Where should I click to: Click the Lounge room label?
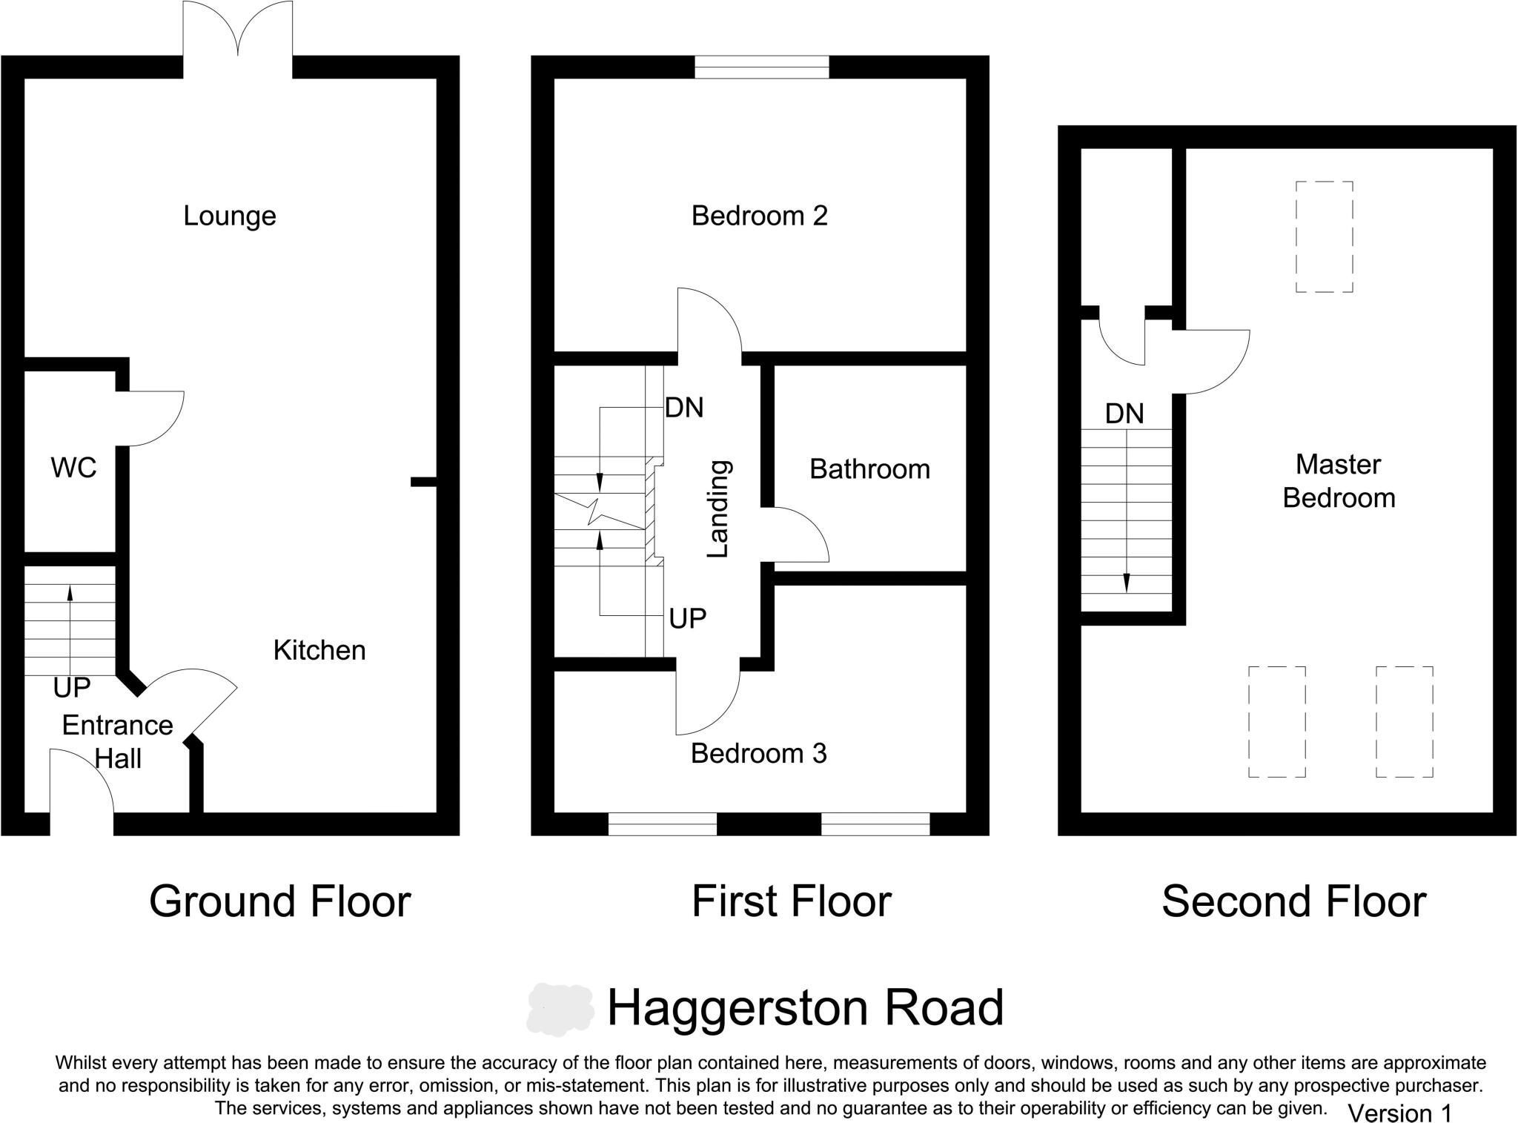pyautogui.click(x=230, y=216)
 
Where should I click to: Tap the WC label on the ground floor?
pyautogui.click(x=73, y=468)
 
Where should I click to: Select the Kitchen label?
pyautogui.click(x=319, y=650)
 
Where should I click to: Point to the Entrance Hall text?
pyautogui.click(x=117, y=741)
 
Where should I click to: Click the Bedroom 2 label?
pyautogui.click(x=759, y=216)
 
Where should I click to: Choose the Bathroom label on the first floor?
pyautogui.click(x=869, y=469)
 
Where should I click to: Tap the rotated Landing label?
pyautogui.click(x=718, y=509)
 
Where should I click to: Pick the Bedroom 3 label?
pyautogui.click(x=758, y=753)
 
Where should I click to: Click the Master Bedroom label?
pyautogui.click(x=1339, y=481)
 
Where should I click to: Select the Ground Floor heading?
pyautogui.click(x=279, y=901)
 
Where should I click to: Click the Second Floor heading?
pyautogui.click(x=1293, y=901)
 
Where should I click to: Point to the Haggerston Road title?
pyautogui.click(x=805, y=1007)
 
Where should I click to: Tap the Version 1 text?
pyautogui.click(x=1399, y=1113)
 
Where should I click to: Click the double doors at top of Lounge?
pyautogui.click(x=237, y=30)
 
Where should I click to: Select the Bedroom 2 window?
pyautogui.click(x=761, y=67)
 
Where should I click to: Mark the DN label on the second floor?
pyautogui.click(x=1124, y=414)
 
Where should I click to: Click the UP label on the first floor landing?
pyautogui.click(x=687, y=618)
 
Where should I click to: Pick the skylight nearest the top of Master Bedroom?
pyautogui.click(x=1324, y=237)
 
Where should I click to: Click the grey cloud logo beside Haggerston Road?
pyautogui.click(x=560, y=1009)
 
